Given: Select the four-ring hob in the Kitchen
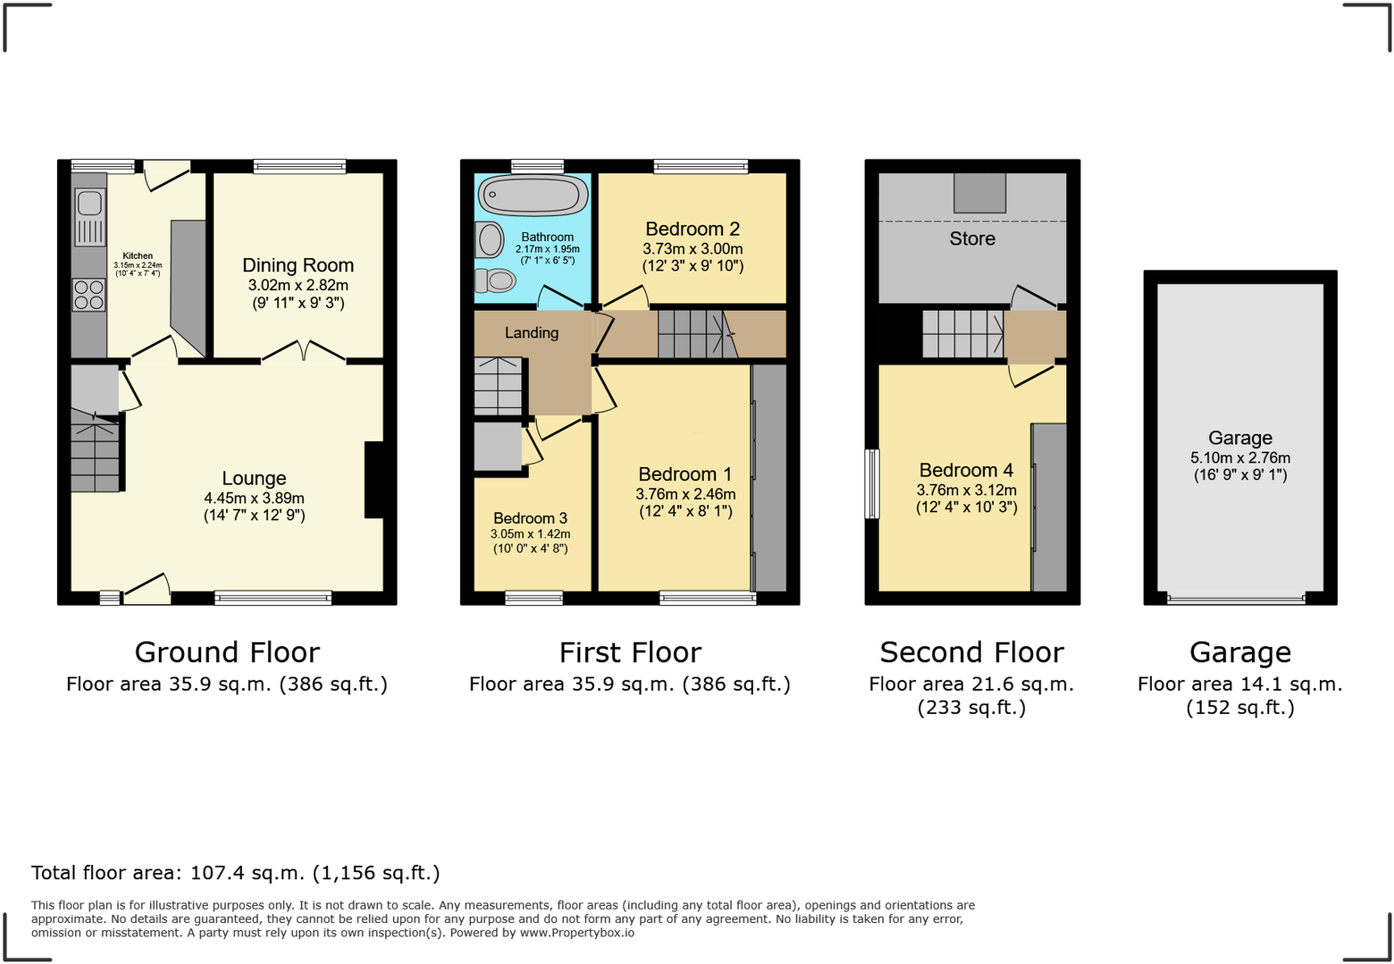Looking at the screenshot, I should click(x=88, y=295).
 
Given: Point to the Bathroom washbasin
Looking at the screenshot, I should click(x=490, y=239).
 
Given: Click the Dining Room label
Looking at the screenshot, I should click(x=298, y=265).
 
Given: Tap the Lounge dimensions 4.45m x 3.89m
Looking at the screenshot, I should click(x=254, y=499).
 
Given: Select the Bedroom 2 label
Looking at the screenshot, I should click(x=693, y=230).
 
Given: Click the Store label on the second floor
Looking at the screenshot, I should click(x=972, y=239).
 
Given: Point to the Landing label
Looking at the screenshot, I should click(x=532, y=332).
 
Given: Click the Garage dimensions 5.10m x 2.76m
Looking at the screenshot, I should click(x=1240, y=457).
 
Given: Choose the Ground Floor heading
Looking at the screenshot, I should click(x=227, y=652).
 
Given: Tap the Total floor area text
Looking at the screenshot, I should click(x=236, y=873).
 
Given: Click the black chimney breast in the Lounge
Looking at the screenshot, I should click(x=374, y=480).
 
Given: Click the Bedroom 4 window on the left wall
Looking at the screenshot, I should click(x=872, y=483).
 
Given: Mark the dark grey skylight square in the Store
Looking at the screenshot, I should click(x=979, y=192).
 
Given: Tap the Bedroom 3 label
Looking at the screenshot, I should click(x=530, y=518).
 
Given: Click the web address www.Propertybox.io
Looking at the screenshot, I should click(x=577, y=933).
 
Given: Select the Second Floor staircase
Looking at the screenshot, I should click(x=962, y=333).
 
